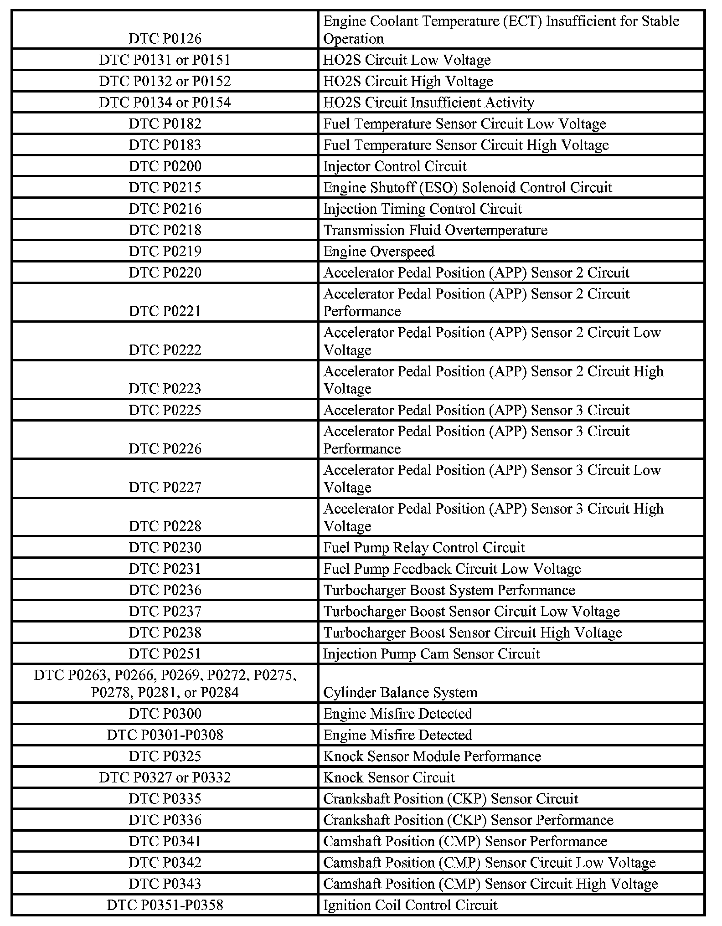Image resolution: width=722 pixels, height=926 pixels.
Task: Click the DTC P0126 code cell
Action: pos(165,39)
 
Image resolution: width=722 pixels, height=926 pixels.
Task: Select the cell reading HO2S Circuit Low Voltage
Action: pos(407,60)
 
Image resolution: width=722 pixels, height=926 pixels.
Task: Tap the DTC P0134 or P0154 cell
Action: pos(165,103)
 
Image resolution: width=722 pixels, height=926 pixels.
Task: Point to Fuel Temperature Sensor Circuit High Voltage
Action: pos(466,145)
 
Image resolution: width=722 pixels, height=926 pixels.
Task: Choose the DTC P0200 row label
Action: pos(165,166)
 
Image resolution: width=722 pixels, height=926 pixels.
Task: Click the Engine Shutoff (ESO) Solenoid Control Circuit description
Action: pos(468,188)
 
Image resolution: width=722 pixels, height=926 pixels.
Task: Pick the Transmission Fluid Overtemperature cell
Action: pos(435,230)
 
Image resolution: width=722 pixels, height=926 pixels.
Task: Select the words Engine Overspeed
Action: pos(379,252)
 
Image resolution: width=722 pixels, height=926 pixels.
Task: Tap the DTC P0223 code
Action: pos(165,389)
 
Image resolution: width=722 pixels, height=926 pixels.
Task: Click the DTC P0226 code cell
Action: pos(165,449)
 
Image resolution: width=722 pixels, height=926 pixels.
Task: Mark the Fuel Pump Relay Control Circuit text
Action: pos(424,548)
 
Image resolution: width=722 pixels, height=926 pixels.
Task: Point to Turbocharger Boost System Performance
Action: pos(449,590)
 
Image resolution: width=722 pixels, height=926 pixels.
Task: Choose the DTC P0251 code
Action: pos(165,654)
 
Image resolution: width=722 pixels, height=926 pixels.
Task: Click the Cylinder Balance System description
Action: pos(400,693)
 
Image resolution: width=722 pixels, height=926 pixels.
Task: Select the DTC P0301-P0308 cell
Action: pos(165,735)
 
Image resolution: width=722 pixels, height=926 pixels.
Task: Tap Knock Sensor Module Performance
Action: pos(432,756)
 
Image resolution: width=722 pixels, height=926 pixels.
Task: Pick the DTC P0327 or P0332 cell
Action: pos(165,777)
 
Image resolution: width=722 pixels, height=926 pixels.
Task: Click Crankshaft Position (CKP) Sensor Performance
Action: pos(468,820)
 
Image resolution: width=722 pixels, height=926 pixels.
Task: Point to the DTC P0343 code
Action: pos(165,884)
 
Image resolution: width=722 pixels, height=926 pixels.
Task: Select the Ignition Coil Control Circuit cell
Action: pos(410,905)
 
